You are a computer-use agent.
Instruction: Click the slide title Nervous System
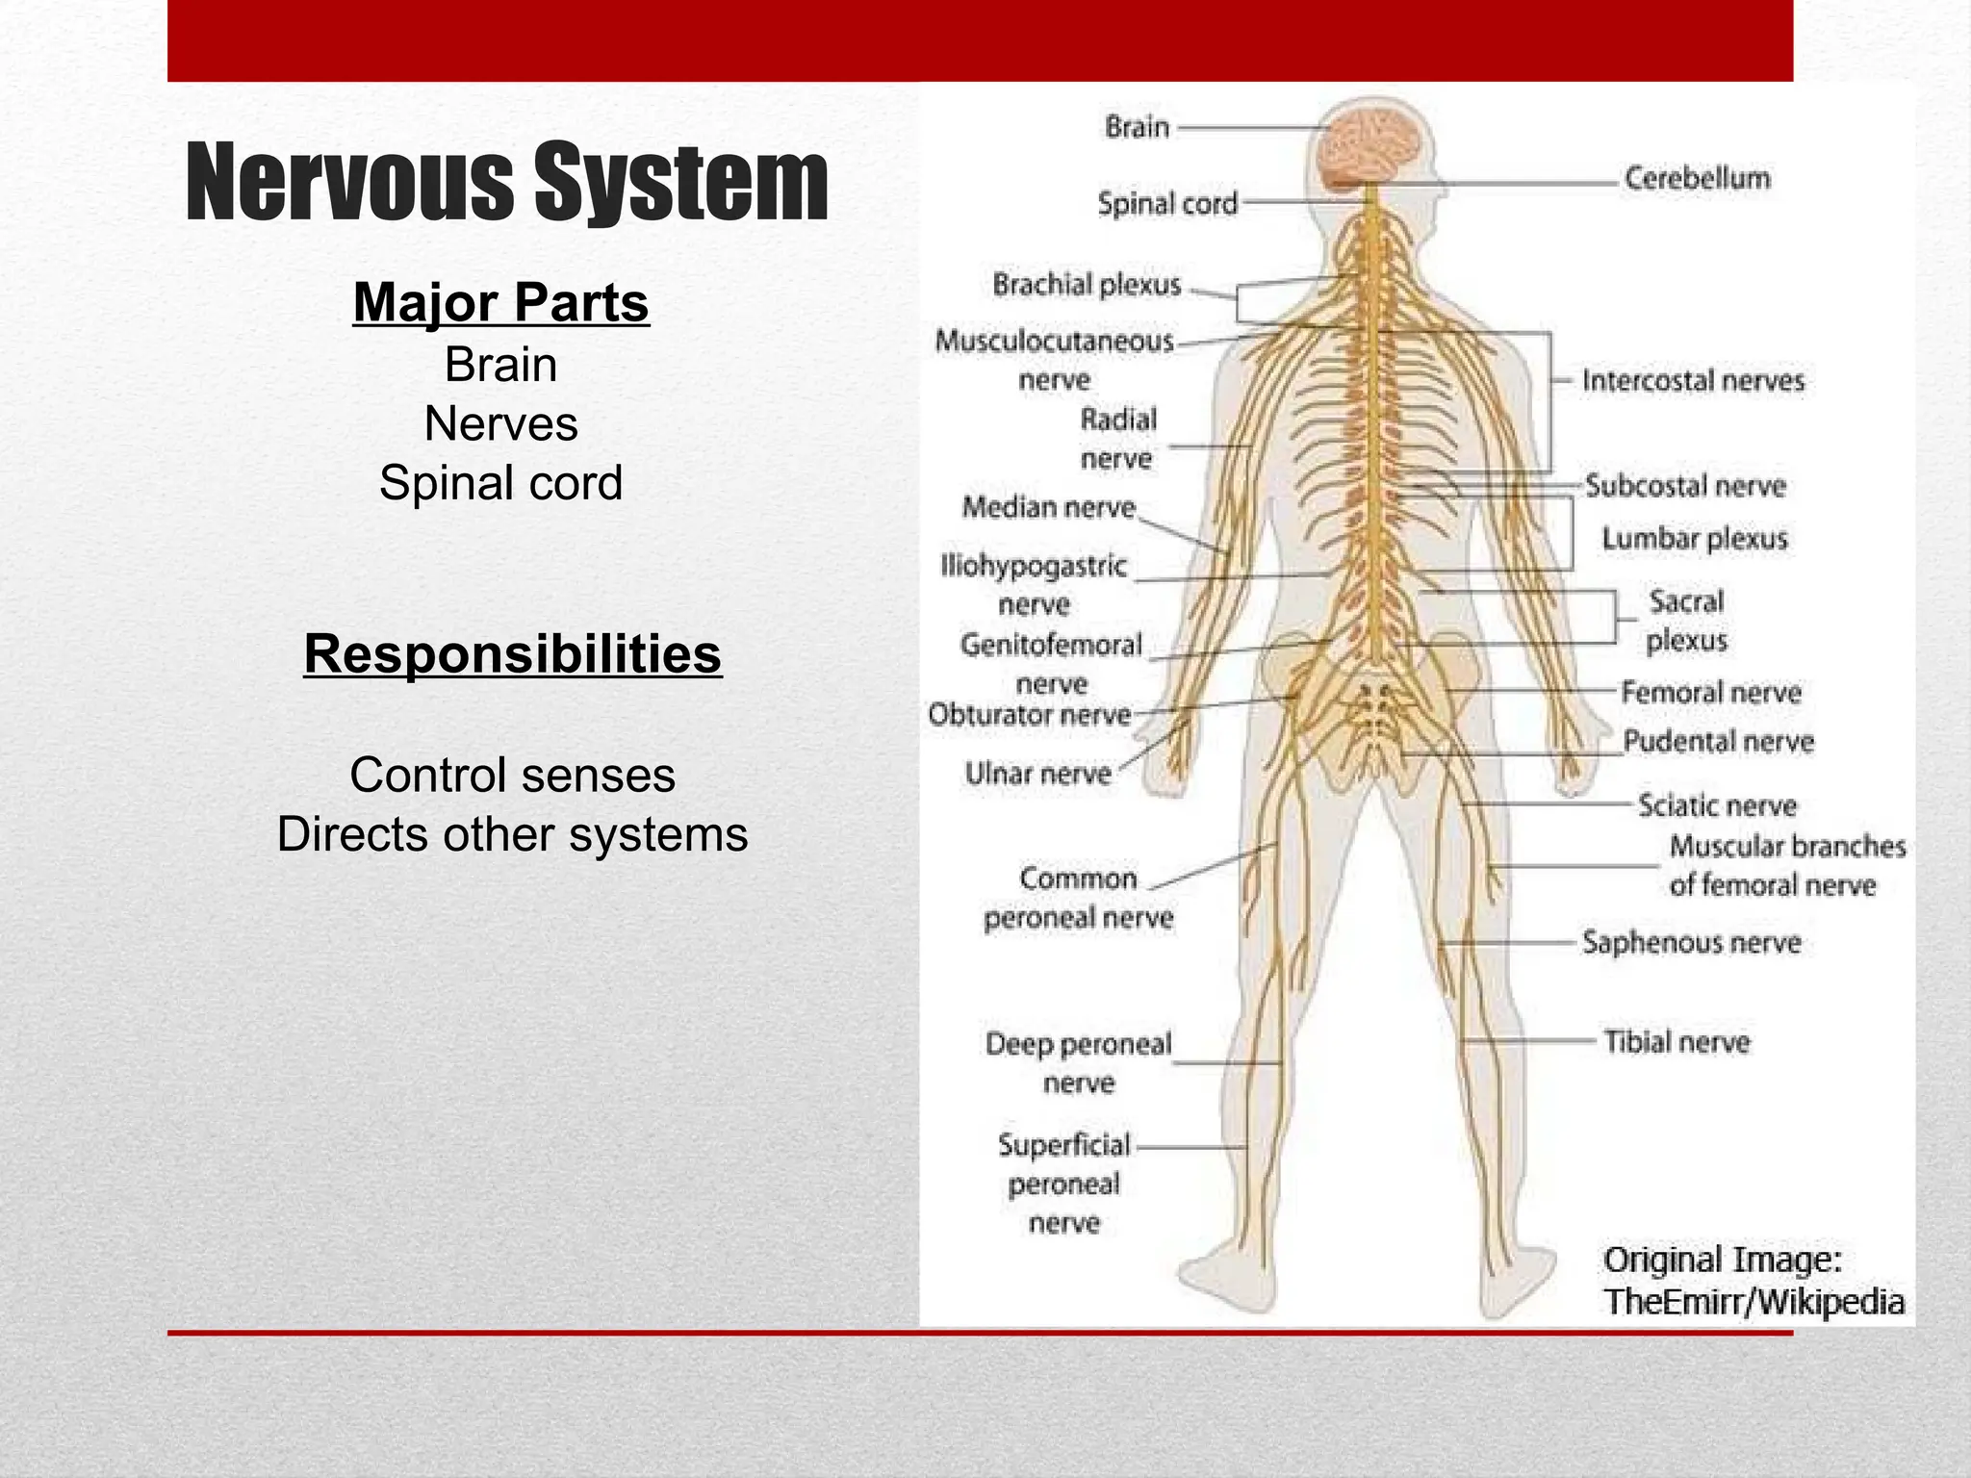click(506, 182)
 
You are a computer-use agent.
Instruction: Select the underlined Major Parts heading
click(500, 302)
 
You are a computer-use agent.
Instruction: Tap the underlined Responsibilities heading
click(512, 654)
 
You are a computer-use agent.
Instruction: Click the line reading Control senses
click(512, 775)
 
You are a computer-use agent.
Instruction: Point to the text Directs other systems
click(512, 834)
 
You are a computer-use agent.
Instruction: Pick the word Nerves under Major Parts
click(500, 423)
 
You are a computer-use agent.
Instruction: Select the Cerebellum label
click(1697, 178)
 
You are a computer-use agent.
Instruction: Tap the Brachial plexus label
click(1087, 285)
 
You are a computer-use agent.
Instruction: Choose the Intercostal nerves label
click(1693, 381)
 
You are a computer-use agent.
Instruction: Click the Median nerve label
click(1048, 507)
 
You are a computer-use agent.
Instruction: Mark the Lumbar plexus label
click(1694, 538)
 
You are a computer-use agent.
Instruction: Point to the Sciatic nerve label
click(1717, 805)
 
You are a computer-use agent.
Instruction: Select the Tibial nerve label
click(1676, 1042)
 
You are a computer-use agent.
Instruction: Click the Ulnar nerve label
click(1037, 774)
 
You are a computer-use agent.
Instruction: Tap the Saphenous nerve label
click(1691, 942)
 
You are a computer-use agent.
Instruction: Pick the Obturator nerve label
click(1029, 715)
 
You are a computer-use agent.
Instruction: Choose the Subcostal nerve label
click(1685, 486)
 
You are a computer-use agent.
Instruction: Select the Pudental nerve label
click(1718, 742)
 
